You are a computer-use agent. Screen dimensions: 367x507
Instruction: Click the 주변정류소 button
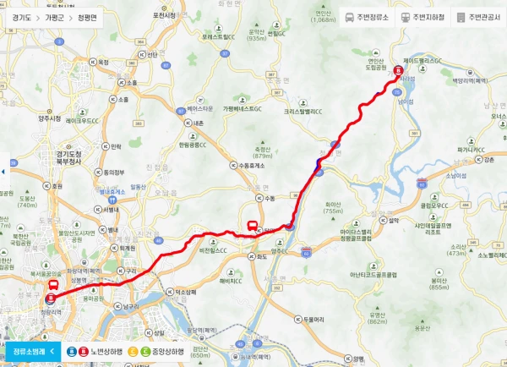click(x=365, y=17)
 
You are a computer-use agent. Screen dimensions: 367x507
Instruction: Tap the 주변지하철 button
click(x=420, y=17)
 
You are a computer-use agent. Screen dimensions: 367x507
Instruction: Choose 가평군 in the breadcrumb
click(x=56, y=17)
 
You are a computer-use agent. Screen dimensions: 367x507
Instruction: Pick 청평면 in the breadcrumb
click(x=87, y=17)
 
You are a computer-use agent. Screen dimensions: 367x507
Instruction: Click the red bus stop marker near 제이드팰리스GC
click(x=399, y=71)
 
